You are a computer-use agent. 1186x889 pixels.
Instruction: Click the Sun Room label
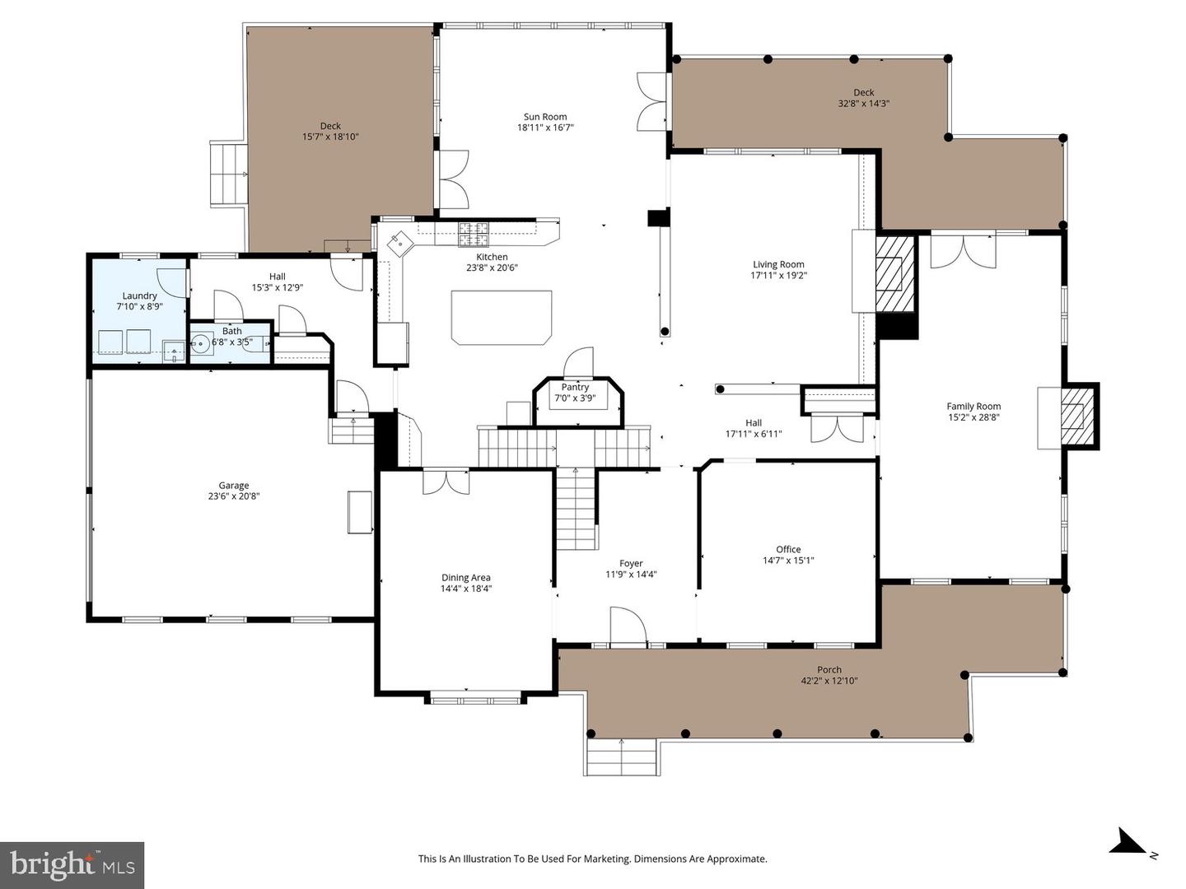tap(545, 117)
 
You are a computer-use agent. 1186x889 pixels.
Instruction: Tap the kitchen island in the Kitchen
tap(502, 317)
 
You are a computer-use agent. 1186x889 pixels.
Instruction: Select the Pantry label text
tap(575, 387)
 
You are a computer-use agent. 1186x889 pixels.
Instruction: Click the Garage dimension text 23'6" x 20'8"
tap(234, 496)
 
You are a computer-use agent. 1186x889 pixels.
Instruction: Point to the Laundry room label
tap(139, 296)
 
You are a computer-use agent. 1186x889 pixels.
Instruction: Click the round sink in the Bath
tap(200, 344)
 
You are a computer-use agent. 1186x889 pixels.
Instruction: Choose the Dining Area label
tap(466, 578)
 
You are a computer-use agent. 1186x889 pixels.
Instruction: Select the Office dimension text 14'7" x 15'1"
tap(788, 561)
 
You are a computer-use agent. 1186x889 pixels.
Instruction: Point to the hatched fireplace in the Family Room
tap(1074, 416)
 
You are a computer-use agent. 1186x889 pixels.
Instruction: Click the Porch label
tap(829, 670)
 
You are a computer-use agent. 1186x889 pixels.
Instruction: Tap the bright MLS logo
tap(72, 864)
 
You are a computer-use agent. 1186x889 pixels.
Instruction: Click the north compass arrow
tap(1126, 843)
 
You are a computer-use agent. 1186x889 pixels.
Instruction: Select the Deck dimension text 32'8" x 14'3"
tap(863, 104)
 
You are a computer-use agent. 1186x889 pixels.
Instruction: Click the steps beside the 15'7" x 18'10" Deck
tap(229, 175)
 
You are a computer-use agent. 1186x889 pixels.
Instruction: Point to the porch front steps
tap(621, 756)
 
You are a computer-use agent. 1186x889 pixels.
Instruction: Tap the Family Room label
tap(974, 406)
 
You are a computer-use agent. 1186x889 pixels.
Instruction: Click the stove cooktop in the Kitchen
tap(474, 235)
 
